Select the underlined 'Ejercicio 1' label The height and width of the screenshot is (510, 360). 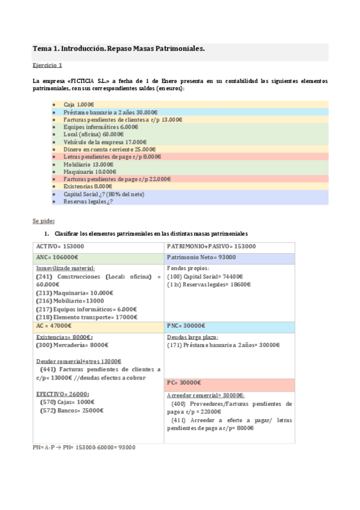click(x=47, y=65)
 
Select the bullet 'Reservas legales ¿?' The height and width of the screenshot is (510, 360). click(x=88, y=201)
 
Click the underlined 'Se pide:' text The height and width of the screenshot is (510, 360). click(x=43, y=220)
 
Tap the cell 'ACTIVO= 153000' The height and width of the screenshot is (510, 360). click(x=60, y=247)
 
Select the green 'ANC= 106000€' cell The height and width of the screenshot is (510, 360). click(x=60, y=257)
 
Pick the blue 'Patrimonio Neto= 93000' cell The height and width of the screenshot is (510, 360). click(x=201, y=257)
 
